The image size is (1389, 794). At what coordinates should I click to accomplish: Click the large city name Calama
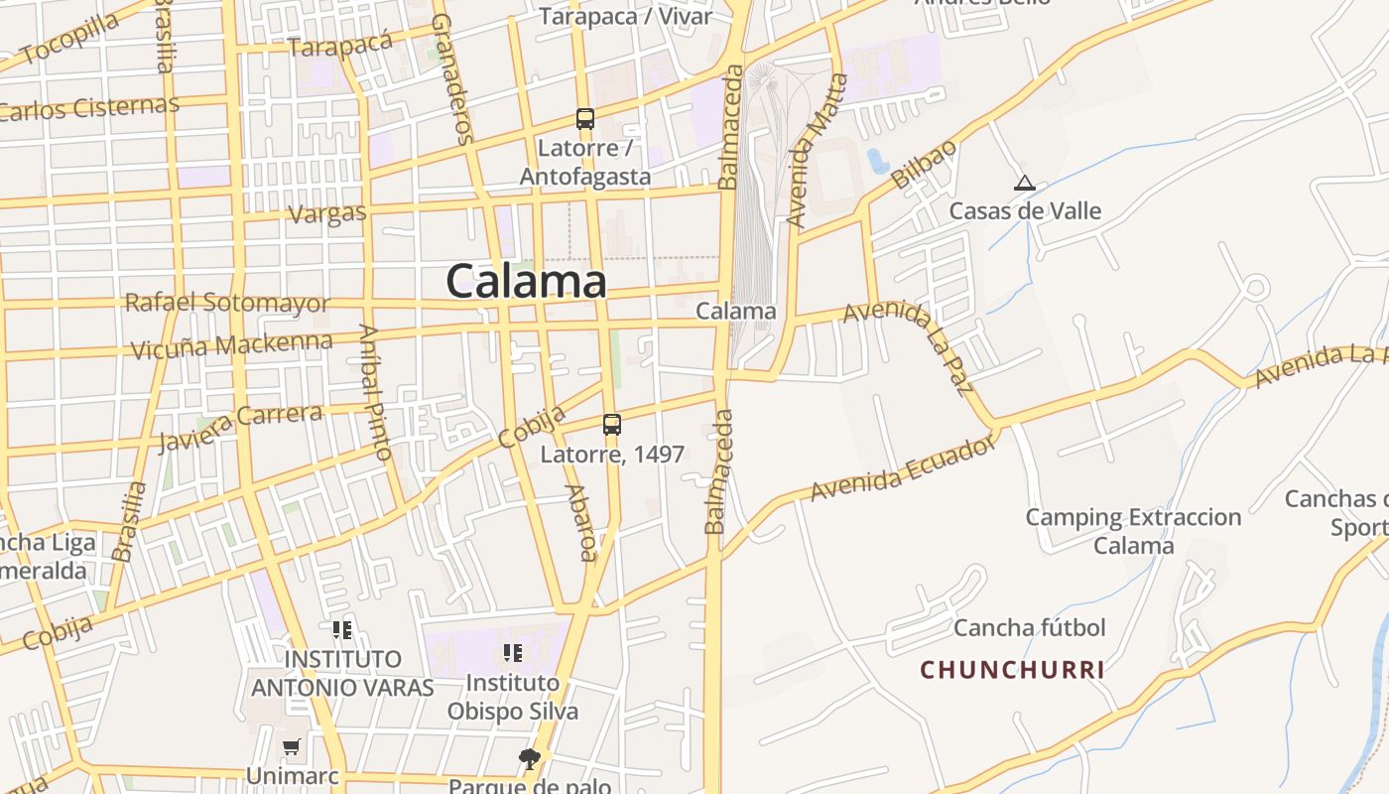pyautogui.click(x=526, y=281)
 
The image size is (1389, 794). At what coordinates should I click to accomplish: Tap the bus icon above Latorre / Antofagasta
pyautogui.click(x=585, y=119)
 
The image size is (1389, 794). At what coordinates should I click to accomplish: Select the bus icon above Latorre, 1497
pyautogui.click(x=612, y=425)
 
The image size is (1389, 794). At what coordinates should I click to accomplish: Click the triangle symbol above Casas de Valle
pyautogui.click(x=1025, y=183)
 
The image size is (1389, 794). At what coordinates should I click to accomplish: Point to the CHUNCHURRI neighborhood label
pyautogui.click(x=1012, y=670)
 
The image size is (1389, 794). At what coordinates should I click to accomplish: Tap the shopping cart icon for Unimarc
pyautogui.click(x=291, y=746)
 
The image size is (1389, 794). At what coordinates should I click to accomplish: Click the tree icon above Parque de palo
pyautogui.click(x=530, y=759)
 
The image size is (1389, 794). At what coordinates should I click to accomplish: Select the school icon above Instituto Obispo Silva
pyautogui.click(x=513, y=653)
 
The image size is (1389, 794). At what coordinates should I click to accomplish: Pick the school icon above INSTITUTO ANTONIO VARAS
pyautogui.click(x=342, y=629)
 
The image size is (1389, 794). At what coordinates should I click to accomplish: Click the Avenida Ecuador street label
pyautogui.click(x=902, y=468)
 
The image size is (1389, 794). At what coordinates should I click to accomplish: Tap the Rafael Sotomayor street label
pyautogui.click(x=227, y=302)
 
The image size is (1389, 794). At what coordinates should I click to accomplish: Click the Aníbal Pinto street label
pyautogui.click(x=376, y=393)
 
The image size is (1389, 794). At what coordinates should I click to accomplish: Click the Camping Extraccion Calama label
pyautogui.click(x=1133, y=531)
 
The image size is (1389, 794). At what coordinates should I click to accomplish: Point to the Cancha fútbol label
pyautogui.click(x=1029, y=627)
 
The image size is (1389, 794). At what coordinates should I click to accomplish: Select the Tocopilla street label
pyautogui.click(x=68, y=40)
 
